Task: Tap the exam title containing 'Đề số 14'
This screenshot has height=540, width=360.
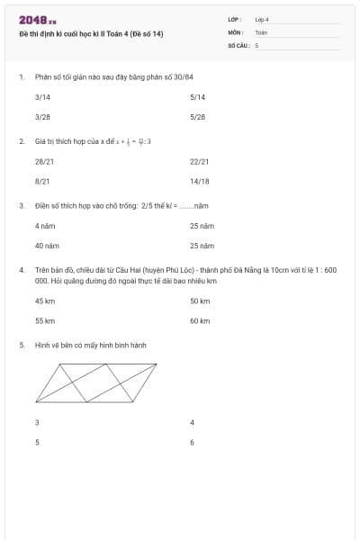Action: point(92,34)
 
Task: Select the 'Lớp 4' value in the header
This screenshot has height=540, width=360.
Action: point(262,19)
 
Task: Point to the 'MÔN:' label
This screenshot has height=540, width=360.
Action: point(236,31)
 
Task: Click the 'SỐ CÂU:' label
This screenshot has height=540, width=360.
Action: point(238,44)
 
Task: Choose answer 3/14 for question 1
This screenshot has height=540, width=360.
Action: point(42,97)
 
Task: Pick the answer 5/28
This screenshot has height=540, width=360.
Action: point(198,117)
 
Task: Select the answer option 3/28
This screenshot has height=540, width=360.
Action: point(42,117)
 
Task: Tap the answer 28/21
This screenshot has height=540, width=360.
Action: point(44,162)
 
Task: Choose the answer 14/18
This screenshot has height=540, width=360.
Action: point(200,181)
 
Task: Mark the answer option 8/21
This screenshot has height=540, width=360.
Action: point(42,181)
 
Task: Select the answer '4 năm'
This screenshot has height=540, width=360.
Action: point(45,226)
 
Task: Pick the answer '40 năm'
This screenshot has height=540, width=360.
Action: point(47,246)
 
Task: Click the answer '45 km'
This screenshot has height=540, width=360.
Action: point(45,301)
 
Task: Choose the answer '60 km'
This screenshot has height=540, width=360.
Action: point(200,320)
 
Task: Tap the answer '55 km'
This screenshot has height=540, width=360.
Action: point(45,320)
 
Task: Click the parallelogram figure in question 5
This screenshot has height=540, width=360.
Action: point(96,382)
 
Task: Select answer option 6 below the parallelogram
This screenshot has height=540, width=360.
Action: point(193,442)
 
